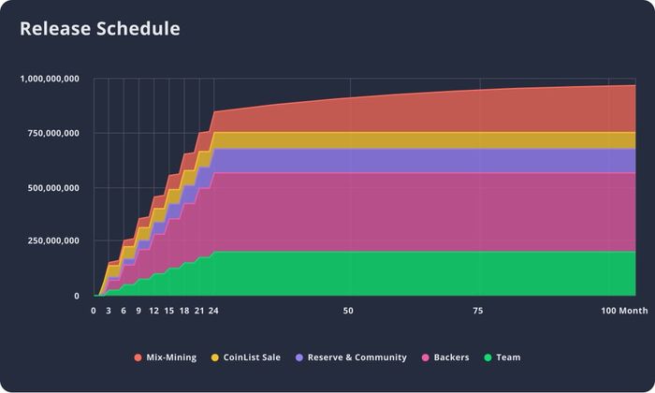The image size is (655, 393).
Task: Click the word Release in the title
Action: tap(55, 28)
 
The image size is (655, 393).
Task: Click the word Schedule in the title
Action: tap(138, 28)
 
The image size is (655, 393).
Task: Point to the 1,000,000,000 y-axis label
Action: tap(50, 79)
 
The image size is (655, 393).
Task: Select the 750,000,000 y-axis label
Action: tap(53, 133)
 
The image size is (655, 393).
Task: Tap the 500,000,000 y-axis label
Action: tap(53, 188)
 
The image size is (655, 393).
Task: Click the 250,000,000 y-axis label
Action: tap(53, 241)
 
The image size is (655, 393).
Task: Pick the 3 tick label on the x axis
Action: tap(109, 311)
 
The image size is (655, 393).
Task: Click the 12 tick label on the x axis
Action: tap(153, 311)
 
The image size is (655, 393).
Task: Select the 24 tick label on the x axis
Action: tap(213, 311)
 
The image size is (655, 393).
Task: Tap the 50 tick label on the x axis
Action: tap(348, 311)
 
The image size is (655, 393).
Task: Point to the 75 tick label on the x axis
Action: tap(478, 311)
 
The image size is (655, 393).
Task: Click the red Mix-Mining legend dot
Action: tap(138, 357)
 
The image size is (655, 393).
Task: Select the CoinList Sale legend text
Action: tap(252, 357)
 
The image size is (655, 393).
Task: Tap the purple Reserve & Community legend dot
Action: tap(299, 357)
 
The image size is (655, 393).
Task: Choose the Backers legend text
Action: tap(452, 357)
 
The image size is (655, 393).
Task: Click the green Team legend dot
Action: tap(488, 357)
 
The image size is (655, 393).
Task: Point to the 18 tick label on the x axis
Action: tap(184, 311)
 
